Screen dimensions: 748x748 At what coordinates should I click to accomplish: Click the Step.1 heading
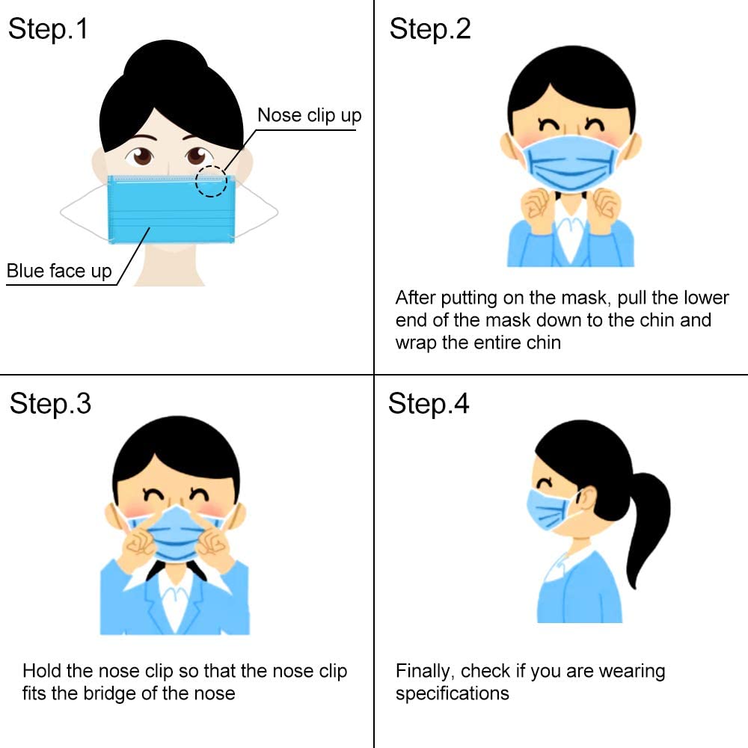[x=48, y=29]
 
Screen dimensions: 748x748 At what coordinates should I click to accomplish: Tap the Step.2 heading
[x=430, y=29]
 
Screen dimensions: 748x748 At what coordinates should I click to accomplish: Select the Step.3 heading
[x=50, y=404]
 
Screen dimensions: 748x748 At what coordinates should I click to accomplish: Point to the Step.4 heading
[x=429, y=404]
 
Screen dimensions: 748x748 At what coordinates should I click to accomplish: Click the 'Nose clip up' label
[x=309, y=115]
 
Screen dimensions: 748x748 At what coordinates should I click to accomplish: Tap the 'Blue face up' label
[x=59, y=271]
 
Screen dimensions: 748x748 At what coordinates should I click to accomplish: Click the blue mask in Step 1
[x=171, y=209]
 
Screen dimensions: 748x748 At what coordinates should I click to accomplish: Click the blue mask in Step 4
[x=548, y=510]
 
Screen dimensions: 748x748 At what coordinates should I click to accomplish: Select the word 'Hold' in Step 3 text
[x=42, y=671]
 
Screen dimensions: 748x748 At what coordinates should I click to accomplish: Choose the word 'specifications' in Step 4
[x=453, y=693]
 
